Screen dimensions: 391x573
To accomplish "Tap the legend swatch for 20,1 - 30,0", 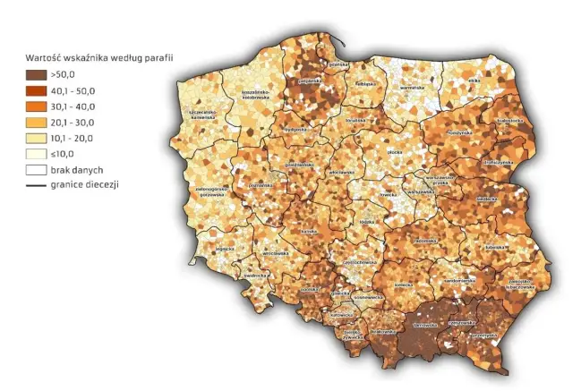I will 37,122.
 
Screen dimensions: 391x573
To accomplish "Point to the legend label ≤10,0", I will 67,153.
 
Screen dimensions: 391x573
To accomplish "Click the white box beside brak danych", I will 37,168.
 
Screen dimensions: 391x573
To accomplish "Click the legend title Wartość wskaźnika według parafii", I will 98,57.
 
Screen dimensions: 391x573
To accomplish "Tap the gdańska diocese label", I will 337,64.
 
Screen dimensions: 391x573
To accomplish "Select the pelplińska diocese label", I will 310,81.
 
